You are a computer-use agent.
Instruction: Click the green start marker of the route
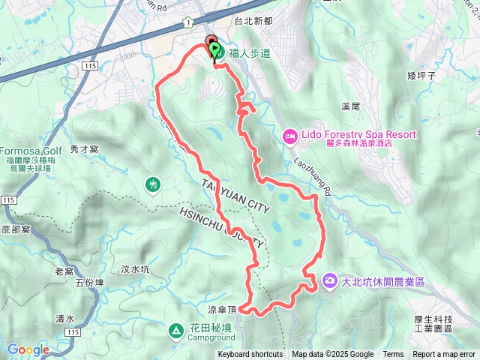(x=215, y=50)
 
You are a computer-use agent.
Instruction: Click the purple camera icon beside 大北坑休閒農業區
(x=329, y=281)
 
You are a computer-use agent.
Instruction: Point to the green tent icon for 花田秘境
(x=175, y=329)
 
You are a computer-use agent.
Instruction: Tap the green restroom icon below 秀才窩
(x=153, y=184)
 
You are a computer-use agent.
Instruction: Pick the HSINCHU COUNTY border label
(x=223, y=226)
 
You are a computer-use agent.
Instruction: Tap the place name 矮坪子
(x=421, y=75)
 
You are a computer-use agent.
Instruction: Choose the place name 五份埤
(x=90, y=283)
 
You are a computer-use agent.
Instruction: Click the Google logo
(x=28, y=349)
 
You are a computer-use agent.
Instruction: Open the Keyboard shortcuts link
(x=250, y=355)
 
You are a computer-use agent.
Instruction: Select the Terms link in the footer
(x=393, y=355)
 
